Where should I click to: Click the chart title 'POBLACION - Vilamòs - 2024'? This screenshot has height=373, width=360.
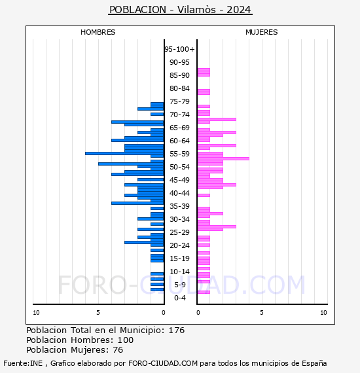180,10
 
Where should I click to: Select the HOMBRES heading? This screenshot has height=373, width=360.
98,32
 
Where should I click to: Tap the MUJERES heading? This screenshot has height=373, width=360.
262,32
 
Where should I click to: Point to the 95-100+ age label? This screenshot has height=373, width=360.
179,49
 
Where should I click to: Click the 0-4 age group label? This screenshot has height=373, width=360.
179,298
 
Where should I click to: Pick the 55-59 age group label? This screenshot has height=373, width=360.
179,154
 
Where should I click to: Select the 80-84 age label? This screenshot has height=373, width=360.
179,88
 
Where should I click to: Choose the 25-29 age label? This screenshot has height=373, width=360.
179,232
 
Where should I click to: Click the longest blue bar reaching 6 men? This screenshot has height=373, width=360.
124,153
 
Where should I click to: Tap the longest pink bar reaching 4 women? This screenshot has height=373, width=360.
223,158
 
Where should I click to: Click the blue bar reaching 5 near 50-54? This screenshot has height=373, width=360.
131,164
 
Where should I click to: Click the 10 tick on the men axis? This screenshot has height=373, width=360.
36,313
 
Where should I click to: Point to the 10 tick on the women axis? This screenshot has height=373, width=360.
323,313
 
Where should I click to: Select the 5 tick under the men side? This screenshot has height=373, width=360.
98,313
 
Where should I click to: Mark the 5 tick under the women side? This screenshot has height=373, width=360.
262,313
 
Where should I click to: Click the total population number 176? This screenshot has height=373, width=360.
176,330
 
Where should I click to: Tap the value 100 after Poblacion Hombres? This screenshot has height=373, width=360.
126,340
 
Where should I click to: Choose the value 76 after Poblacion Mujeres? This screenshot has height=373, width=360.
118,350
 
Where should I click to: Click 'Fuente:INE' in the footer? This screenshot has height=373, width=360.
23,363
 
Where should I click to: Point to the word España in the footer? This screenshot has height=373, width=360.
314,363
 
